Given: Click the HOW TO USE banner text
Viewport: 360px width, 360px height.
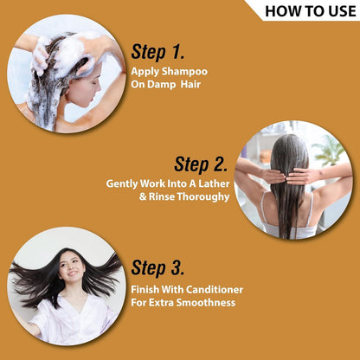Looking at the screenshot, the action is point(311,11).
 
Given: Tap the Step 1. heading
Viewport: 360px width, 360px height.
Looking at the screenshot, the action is point(157,52).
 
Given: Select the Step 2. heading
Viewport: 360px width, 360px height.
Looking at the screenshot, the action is point(201,164).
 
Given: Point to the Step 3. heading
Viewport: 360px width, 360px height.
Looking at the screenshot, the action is point(157,267).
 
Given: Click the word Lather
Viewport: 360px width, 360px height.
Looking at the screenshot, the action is point(214,183).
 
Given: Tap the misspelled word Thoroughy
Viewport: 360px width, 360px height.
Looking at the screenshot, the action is point(202,197).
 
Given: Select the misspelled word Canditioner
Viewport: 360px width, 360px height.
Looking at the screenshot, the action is point(215,289).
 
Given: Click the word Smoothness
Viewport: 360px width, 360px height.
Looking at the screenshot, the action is point(206,303).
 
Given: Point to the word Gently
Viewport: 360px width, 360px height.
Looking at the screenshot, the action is point(122,184).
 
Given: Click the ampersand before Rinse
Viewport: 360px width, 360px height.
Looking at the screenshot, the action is point(143,197).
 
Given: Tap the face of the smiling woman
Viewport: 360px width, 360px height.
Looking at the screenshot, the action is point(72,267).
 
